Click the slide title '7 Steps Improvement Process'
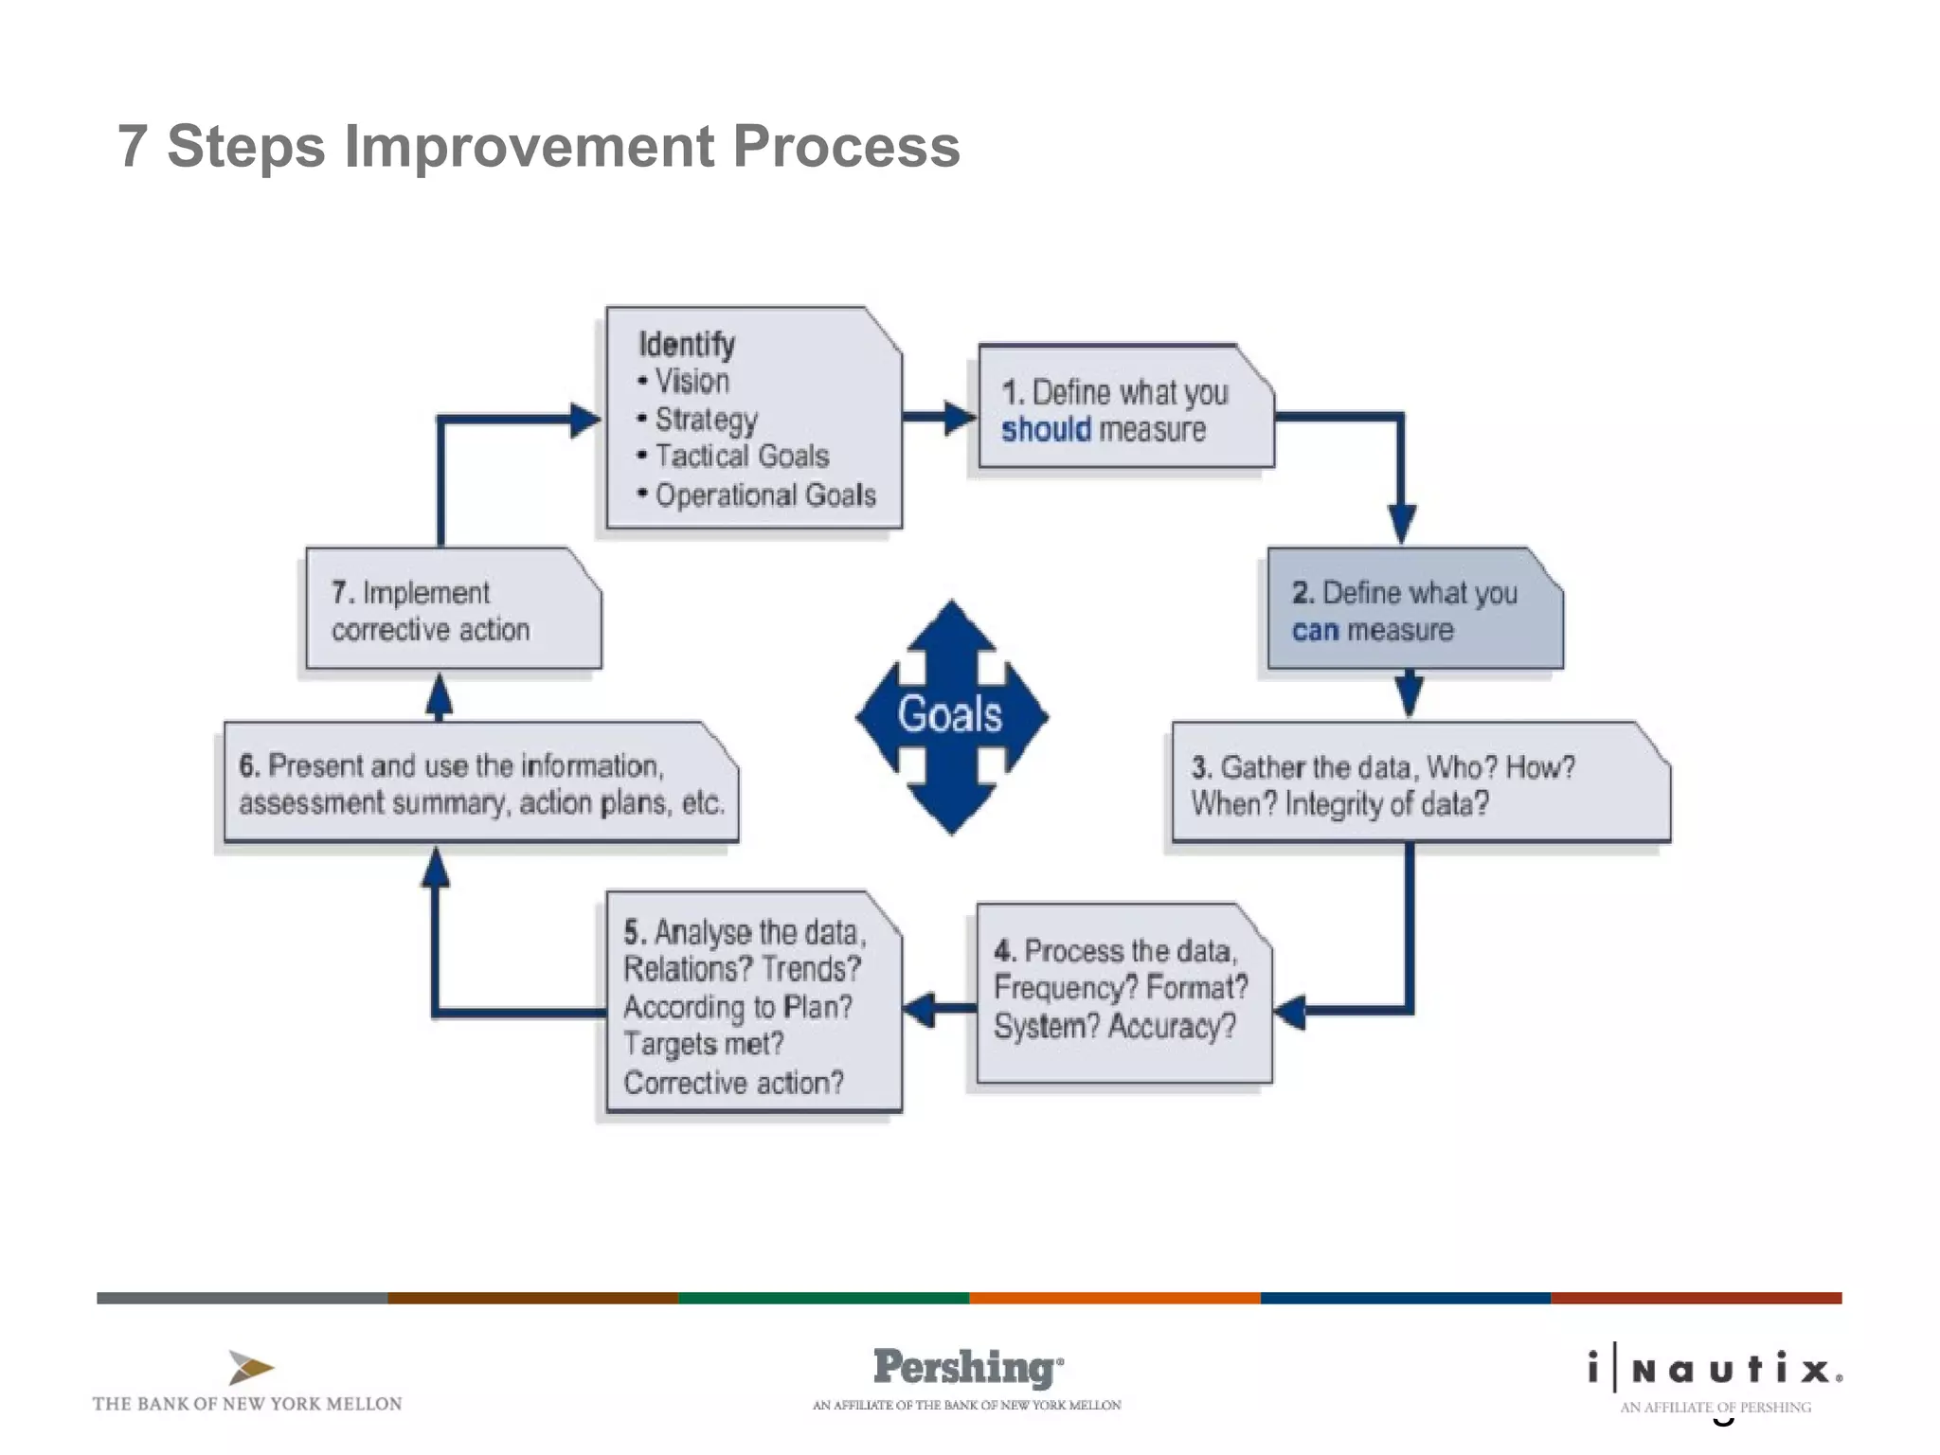click(x=538, y=147)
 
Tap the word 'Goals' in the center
click(x=949, y=714)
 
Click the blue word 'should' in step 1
click(x=1046, y=430)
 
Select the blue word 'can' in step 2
click(x=1315, y=631)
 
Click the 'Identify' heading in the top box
click(x=687, y=344)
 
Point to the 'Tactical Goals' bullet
click(x=742, y=457)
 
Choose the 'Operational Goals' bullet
click(x=764, y=495)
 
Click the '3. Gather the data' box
click(x=1419, y=783)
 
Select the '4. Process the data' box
click(x=1123, y=991)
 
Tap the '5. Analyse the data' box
click(x=753, y=1004)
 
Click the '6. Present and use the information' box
click(x=480, y=783)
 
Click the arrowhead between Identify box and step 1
click(x=959, y=417)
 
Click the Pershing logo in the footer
click(x=966, y=1368)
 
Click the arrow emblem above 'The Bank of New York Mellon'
click(x=250, y=1368)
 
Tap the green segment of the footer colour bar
click(x=823, y=1298)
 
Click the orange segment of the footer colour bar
click(x=1114, y=1298)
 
